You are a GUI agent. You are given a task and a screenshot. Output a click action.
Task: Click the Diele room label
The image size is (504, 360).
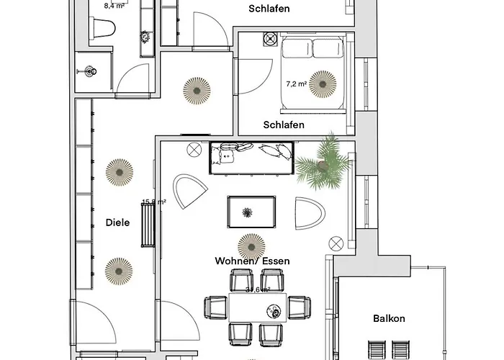[117, 222]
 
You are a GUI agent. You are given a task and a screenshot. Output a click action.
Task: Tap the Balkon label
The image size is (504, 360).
[389, 318]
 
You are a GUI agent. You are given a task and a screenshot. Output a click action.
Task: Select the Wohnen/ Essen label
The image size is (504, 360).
[252, 261]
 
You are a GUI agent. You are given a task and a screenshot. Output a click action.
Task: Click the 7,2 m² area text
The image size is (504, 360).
[296, 84]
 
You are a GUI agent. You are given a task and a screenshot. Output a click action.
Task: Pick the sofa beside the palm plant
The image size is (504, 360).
[251, 157]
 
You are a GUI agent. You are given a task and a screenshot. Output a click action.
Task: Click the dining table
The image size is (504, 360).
[259, 308]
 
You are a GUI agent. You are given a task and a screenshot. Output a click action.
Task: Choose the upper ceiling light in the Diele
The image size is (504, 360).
[119, 171]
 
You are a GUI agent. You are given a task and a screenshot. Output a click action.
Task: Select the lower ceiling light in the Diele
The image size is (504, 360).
[119, 271]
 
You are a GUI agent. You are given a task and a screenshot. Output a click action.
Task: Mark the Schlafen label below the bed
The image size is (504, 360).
[284, 125]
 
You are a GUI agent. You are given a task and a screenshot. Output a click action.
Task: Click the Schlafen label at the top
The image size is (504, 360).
[269, 9]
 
